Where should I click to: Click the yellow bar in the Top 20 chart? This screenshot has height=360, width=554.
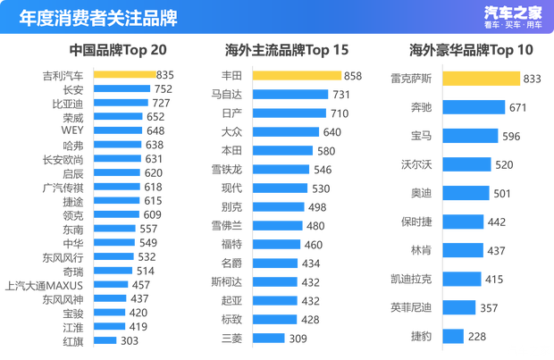(x=125, y=75)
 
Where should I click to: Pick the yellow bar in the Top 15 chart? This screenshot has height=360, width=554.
(x=297, y=75)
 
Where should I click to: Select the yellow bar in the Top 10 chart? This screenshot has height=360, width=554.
(x=481, y=79)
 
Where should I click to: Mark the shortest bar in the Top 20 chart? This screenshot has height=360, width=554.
(x=105, y=339)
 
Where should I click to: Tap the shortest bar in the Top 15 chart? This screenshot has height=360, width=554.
(x=269, y=338)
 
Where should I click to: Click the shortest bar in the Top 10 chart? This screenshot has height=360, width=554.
(x=453, y=336)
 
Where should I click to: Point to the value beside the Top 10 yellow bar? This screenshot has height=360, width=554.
(x=532, y=79)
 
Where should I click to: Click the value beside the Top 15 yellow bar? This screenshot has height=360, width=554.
(x=352, y=75)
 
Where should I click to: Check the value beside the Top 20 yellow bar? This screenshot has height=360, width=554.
(x=166, y=75)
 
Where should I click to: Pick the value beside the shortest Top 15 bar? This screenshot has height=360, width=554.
(x=298, y=338)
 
